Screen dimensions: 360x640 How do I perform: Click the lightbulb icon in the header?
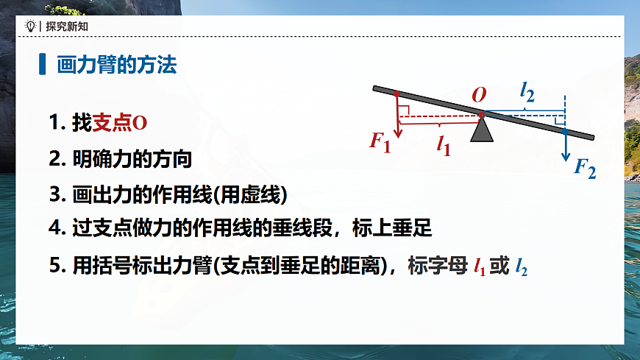click(x=30, y=26)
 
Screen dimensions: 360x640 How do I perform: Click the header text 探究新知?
click(x=65, y=26)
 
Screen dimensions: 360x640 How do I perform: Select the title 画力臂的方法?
click(x=117, y=65)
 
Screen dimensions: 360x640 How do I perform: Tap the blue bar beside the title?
click(x=42, y=65)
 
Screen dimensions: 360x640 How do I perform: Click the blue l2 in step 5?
click(x=522, y=267)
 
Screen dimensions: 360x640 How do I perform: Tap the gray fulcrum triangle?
click(x=482, y=131)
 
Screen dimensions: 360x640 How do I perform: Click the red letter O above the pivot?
click(x=479, y=95)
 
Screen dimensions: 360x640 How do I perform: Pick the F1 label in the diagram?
click(x=380, y=140)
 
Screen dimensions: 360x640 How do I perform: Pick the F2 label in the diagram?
click(x=585, y=169)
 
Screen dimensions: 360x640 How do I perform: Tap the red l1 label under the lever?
click(x=444, y=145)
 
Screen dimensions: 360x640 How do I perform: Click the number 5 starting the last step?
click(x=54, y=266)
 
